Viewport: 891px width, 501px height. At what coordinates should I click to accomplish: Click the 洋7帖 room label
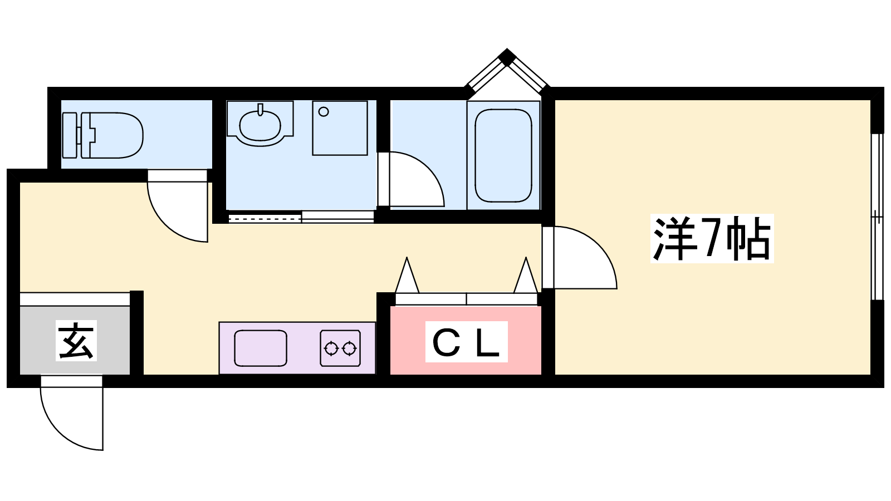coord(712,238)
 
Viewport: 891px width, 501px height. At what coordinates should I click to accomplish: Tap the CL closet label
coord(466,342)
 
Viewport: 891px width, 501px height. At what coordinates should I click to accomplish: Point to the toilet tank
coord(70,135)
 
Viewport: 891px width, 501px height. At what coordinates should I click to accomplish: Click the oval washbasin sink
coord(260,125)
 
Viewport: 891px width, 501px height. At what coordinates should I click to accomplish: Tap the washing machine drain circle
coord(324,112)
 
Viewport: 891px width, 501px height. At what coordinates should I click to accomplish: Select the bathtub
coord(503,155)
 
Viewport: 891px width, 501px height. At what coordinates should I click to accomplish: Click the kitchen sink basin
coord(261,348)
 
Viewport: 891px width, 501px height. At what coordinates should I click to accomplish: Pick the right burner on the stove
coord(349,348)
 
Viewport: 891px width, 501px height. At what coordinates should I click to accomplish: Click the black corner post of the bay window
coord(507,56)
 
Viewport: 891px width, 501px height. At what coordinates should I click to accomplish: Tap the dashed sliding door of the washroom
coord(265,218)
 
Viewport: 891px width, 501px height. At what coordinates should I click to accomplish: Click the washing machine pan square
coord(340,128)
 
